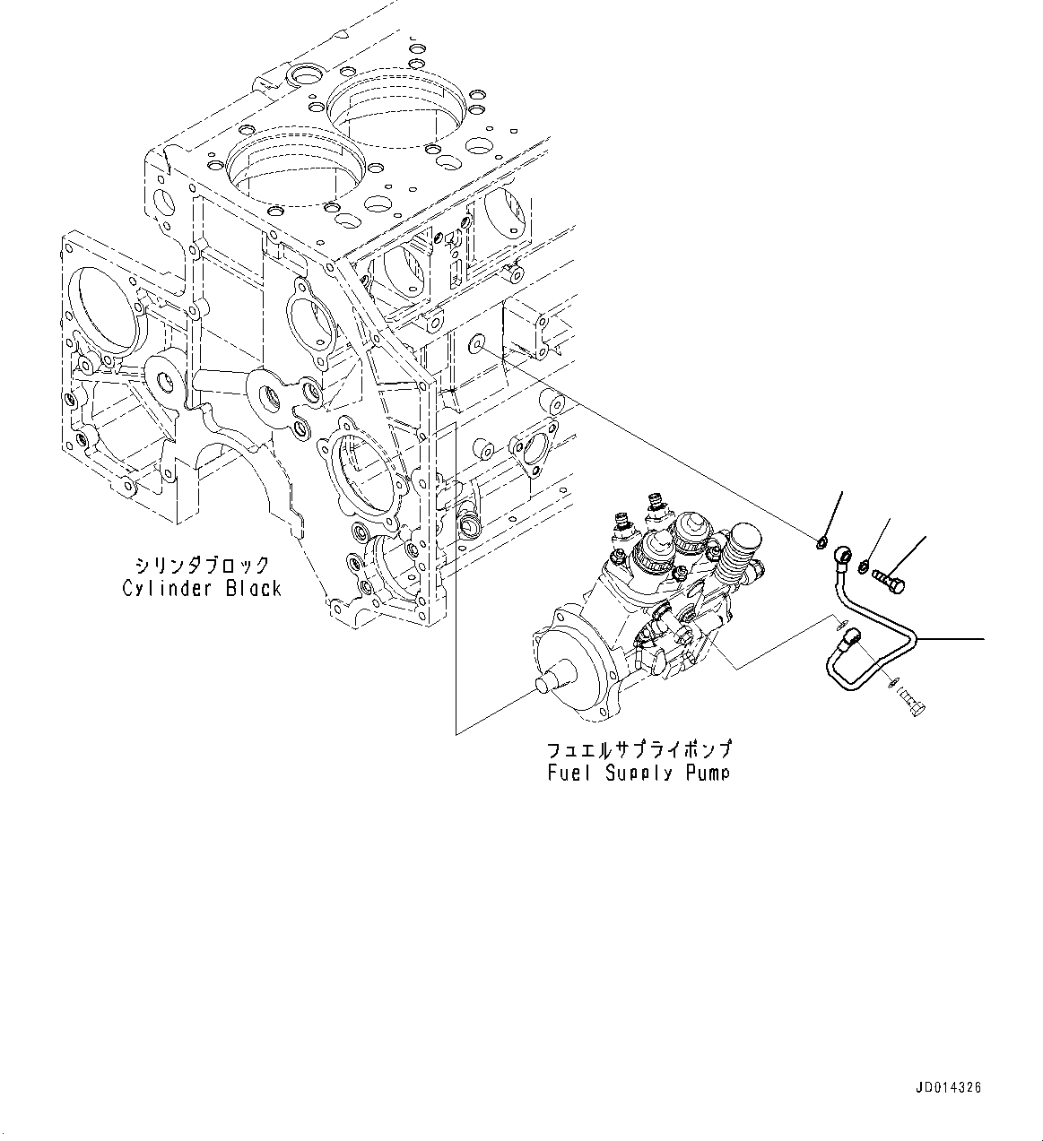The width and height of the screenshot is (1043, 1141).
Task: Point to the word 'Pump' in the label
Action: [x=708, y=773]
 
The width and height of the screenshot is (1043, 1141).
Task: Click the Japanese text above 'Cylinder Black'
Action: [x=202, y=566]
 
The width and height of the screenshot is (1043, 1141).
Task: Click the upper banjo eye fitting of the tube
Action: [x=843, y=555]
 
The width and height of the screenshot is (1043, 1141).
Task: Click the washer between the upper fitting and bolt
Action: [x=863, y=566]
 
